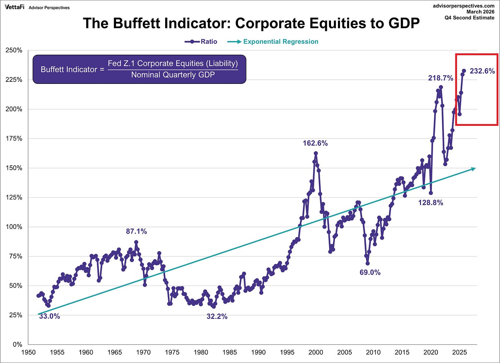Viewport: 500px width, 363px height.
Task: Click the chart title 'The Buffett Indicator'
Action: [251, 23]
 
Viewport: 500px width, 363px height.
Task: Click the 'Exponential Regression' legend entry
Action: [273, 42]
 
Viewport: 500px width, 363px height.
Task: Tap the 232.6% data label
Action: [482, 71]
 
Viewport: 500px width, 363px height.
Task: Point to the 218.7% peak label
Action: [440, 78]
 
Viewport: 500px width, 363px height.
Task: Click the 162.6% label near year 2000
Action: [315, 143]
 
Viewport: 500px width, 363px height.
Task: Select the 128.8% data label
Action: [430, 203]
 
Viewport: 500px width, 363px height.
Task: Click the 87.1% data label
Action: [136, 231]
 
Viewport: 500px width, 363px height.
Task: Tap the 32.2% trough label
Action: [217, 317]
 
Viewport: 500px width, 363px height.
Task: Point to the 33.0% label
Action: [49, 316]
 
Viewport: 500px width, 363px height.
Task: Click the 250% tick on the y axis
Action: [14, 51]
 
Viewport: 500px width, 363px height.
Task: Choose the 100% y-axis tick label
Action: [14, 227]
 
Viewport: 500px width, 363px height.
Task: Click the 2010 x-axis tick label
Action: [373, 352]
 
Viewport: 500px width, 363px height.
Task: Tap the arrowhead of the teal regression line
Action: [474, 168]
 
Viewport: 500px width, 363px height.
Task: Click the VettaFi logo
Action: [14, 7]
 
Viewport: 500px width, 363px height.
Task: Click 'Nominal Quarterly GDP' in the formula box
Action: [173, 75]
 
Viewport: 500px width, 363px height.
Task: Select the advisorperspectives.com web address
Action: [464, 6]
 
